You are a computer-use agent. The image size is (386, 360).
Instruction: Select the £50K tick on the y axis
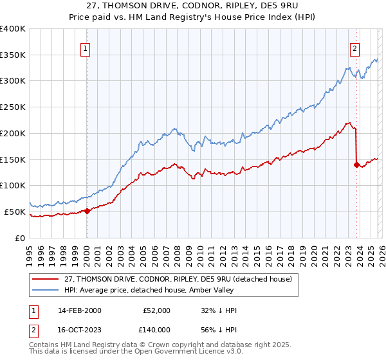[x=15, y=212]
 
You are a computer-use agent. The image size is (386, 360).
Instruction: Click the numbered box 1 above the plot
[x=86, y=47]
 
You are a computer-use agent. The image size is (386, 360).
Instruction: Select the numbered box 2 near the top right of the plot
[x=355, y=47]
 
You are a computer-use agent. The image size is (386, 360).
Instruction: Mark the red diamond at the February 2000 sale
[x=87, y=210]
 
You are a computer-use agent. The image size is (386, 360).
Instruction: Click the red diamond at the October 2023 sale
[x=356, y=165]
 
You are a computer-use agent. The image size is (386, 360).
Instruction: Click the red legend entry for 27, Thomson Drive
[x=177, y=278]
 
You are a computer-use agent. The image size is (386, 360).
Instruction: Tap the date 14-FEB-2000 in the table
[x=78, y=310]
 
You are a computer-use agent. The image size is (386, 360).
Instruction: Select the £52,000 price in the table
[x=156, y=310]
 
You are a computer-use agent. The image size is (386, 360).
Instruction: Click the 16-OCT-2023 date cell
[x=78, y=328]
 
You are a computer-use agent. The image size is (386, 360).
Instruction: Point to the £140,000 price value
[x=156, y=328]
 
